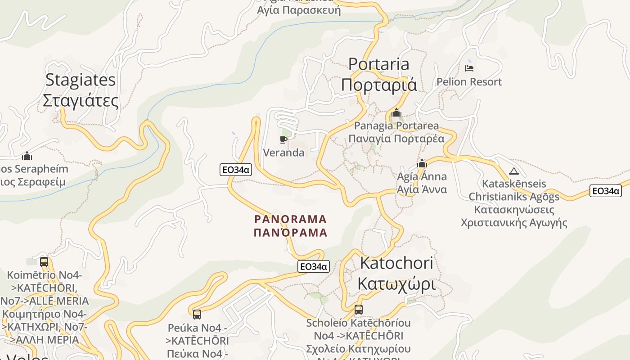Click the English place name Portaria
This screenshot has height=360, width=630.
click(x=379, y=64)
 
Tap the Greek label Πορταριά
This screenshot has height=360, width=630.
click(x=379, y=85)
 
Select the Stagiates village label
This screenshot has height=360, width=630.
click(x=81, y=80)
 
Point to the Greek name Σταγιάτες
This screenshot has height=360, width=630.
click(x=81, y=100)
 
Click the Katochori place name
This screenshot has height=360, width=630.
click(x=396, y=263)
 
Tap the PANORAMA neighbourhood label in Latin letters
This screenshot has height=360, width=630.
click(x=290, y=220)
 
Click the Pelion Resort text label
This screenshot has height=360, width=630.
click(x=469, y=82)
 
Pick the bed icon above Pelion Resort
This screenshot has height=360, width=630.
click(x=469, y=68)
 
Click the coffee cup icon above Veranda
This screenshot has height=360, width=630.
click(x=283, y=139)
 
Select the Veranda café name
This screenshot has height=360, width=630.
click(x=283, y=153)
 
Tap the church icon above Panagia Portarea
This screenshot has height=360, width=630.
click(x=396, y=112)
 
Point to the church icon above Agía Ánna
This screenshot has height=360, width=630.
click(x=422, y=163)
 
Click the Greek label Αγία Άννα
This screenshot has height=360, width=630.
click(x=422, y=189)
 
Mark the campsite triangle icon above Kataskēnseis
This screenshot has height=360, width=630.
click(x=513, y=171)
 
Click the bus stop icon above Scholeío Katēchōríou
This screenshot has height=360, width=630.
click(x=358, y=310)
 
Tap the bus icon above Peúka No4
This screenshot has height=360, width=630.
click(x=197, y=315)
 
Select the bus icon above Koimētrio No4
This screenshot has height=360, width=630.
click(x=44, y=262)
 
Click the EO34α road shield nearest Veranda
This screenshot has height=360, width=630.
click(x=236, y=170)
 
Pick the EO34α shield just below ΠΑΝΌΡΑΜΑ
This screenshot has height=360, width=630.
click(x=314, y=266)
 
